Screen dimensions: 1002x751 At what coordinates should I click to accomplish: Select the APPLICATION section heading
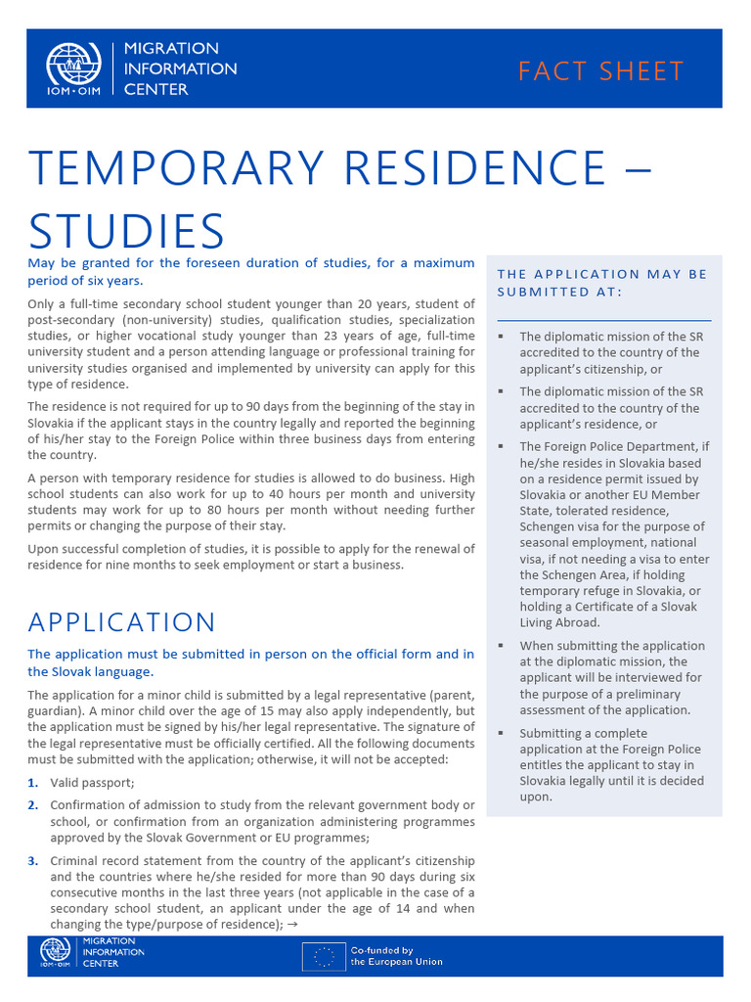coord(121,622)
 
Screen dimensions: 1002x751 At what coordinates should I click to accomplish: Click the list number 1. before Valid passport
coord(33,783)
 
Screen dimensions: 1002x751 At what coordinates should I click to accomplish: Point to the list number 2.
coord(33,805)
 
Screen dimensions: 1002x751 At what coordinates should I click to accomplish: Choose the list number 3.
coord(33,861)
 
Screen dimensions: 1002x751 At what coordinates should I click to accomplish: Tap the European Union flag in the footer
coord(323,956)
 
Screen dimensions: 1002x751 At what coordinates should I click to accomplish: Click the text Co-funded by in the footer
coord(382,950)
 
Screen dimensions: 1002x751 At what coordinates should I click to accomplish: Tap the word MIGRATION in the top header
coord(171,49)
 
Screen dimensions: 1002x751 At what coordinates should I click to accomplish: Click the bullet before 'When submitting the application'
coord(500,646)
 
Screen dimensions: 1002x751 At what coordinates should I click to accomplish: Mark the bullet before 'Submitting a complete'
coord(500,733)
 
